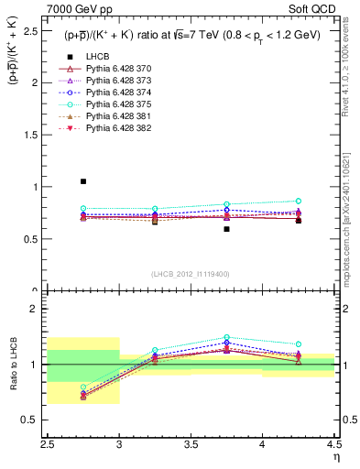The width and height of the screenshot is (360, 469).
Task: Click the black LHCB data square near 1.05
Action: (x=83, y=181)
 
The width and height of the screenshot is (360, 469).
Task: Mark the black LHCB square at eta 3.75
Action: (x=226, y=229)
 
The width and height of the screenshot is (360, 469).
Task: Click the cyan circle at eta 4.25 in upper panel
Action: (x=298, y=201)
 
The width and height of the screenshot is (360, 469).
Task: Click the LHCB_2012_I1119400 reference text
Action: (x=191, y=275)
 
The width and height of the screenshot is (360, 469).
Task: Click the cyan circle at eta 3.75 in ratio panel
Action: (x=226, y=337)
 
